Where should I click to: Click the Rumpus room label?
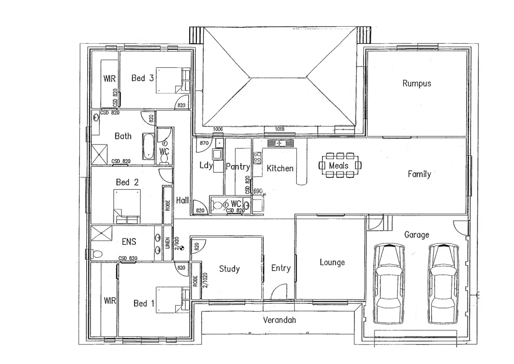coord(417,83)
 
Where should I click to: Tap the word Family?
coord(419,174)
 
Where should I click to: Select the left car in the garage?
coord(390,284)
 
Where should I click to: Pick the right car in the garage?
coord(444,284)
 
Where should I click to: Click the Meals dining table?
coord(341,165)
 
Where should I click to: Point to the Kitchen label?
coord(280,168)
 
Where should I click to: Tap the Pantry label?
coord(237,166)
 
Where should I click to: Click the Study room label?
coord(229,269)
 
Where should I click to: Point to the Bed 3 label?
coord(143,78)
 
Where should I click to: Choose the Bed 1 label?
coord(141,303)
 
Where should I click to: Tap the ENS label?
coord(129,241)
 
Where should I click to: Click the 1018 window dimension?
coord(280,130)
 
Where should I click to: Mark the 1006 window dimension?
coord(218,130)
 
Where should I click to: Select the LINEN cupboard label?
coord(168,244)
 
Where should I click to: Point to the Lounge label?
coord(332,262)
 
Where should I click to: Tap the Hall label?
coord(182,200)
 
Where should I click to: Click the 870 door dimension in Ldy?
coord(204,143)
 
